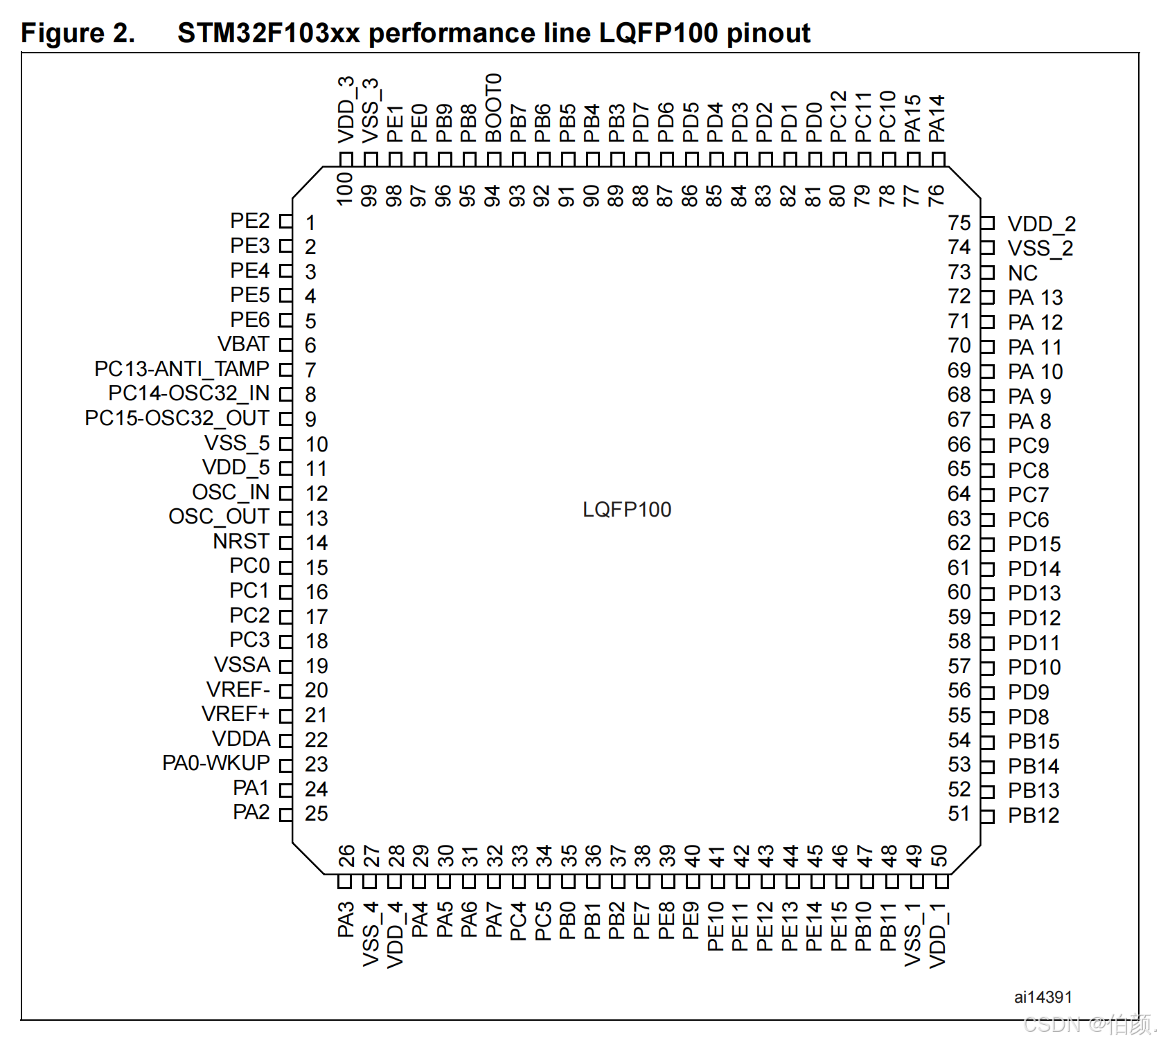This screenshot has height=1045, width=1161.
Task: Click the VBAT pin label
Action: coord(243,344)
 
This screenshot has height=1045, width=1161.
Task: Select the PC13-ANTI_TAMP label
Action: coord(181,369)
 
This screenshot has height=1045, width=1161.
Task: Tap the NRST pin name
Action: coord(241,542)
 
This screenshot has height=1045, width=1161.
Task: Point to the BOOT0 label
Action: coord(493,107)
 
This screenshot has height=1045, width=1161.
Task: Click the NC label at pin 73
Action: coord(1022,273)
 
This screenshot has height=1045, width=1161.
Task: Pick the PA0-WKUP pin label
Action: coord(216,763)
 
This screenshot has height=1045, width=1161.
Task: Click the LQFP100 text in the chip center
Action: coord(627,510)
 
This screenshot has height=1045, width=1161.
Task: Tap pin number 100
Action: coord(345,189)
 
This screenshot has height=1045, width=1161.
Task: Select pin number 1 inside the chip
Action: coord(310,223)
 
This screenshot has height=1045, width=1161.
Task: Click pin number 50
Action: coord(939,856)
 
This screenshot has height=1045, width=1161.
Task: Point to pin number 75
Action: coord(959,223)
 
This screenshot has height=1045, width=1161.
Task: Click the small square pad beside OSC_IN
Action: coord(285,493)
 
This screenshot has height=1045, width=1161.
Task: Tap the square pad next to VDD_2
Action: coord(988,223)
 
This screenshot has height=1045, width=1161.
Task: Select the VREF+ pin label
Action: coord(236,714)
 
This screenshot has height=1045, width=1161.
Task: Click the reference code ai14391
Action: coord(1043,997)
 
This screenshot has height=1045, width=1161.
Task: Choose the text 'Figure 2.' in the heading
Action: coord(78,33)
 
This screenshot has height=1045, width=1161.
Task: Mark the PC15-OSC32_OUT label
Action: coord(177,418)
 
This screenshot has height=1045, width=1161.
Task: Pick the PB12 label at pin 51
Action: coord(1034,816)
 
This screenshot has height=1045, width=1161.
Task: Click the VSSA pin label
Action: coord(242,665)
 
